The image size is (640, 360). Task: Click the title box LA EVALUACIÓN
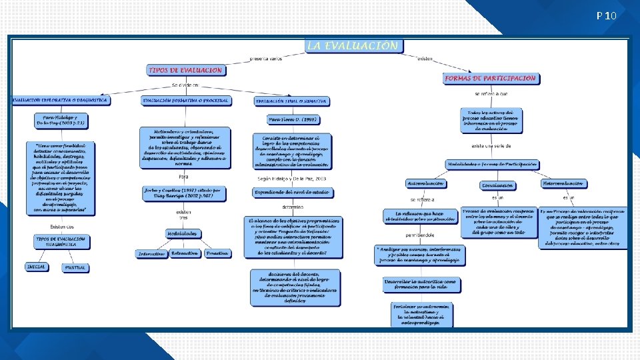coord(353,46)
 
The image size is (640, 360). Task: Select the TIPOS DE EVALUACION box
coord(185,69)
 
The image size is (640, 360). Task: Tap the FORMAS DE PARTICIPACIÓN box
coord(491,78)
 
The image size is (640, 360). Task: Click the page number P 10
coord(607,15)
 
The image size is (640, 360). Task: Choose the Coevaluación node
coord(497,185)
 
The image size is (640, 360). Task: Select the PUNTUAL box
coord(75,267)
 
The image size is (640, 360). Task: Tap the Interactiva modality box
coord(151,254)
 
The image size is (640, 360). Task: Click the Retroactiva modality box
coord(184,253)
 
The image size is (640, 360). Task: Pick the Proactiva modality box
coord(217,253)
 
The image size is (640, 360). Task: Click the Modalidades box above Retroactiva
coord(182,233)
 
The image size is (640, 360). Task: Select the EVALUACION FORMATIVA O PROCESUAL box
coord(186,101)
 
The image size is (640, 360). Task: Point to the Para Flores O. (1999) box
coord(291,120)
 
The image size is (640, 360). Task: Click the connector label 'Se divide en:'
coord(185,85)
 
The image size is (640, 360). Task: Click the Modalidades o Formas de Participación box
coord(492,164)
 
